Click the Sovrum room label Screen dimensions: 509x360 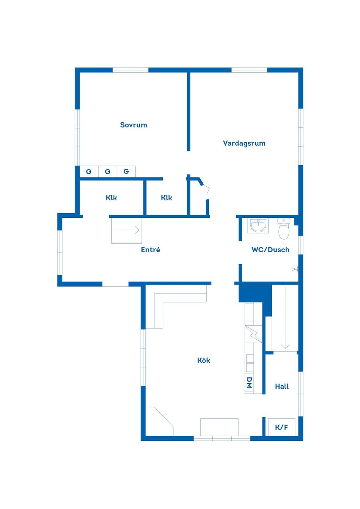tap(133, 125)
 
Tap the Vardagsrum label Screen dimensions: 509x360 tap(244, 143)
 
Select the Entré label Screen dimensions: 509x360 tap(150, 250)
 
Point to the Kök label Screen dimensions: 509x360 tap(204, 360)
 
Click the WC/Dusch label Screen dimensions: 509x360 tap(270, 250)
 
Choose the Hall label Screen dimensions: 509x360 tap(282, 386)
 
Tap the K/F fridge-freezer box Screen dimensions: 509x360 tap(281, 427)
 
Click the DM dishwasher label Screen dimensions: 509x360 tap(249, 383)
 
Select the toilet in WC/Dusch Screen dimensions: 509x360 tap(284, 229)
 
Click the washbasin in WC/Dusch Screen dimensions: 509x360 tap(258, 226)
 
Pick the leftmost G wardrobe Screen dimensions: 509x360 tap(89, 172)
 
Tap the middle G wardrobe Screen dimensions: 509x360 tap(108, 172)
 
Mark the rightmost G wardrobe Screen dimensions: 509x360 tap(126, 172)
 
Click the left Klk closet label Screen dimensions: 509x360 tap(111, 198)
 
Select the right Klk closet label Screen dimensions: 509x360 tap(166, 198)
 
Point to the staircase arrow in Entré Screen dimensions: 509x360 tap(127, 230)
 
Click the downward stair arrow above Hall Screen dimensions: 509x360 tap(285, 319)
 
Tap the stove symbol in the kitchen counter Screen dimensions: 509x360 tap(253, 334)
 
